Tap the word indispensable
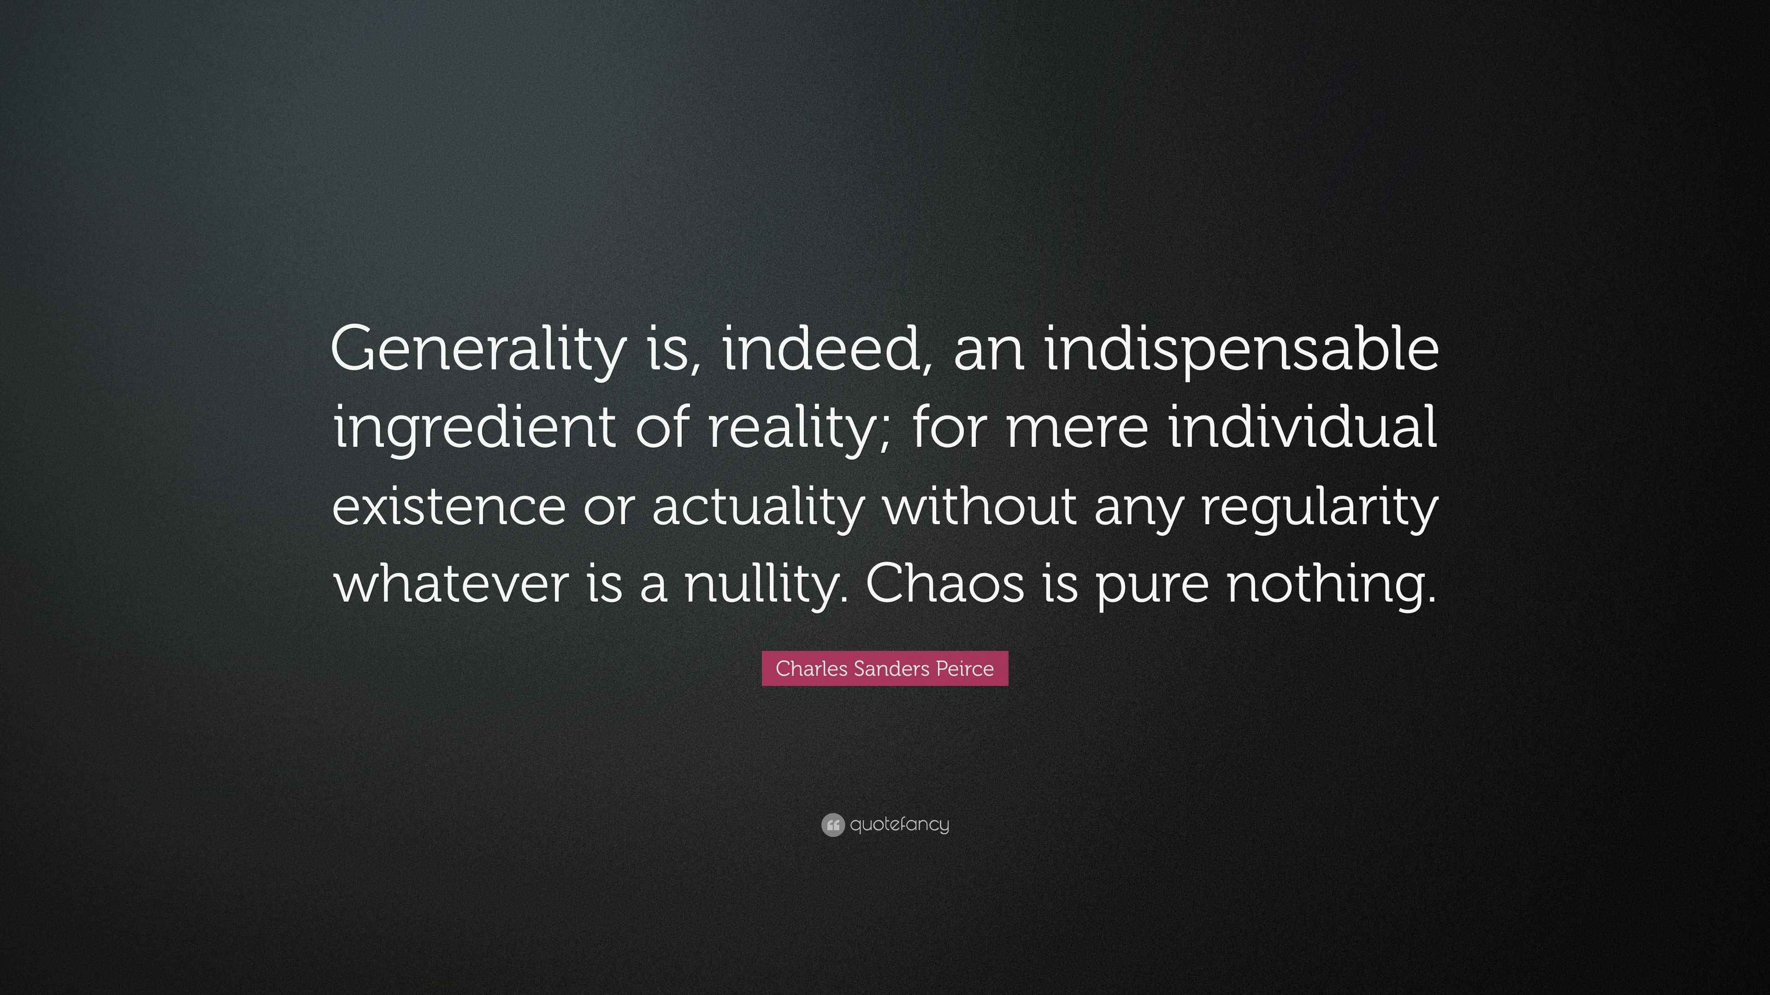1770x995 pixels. (1242, 349)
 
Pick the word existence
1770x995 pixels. (448, 505)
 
